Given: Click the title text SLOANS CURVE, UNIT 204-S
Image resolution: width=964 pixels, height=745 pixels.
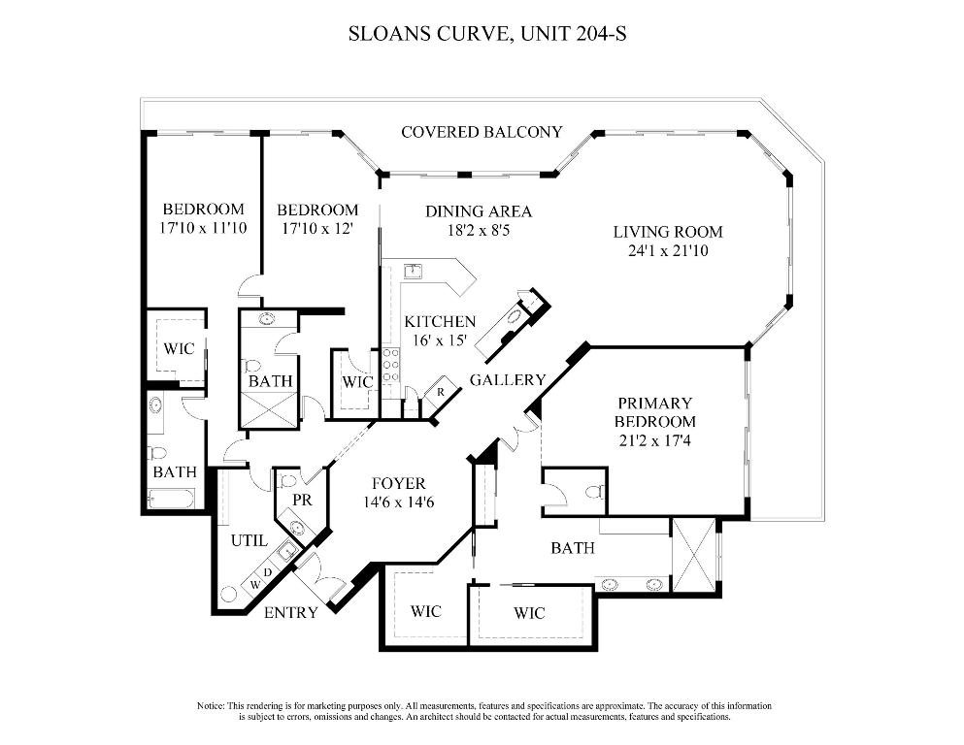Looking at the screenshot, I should [x=482, y=34].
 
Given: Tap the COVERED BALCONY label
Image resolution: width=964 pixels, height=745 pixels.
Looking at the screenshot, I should [x=482, y=132].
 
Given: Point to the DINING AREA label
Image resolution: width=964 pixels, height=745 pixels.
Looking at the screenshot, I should [x=479, y=211].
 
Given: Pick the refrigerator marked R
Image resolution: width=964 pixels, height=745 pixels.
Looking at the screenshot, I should [x=441, y=391].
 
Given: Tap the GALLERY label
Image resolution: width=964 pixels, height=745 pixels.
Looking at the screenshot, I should [x=508, y=379].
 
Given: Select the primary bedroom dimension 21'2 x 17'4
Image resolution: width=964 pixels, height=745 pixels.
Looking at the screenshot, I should [x=655, y=440].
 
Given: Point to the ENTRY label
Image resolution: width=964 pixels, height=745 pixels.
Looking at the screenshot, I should [x=290, y=612].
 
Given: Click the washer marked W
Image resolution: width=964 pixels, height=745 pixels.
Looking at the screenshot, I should [x=255, y=584].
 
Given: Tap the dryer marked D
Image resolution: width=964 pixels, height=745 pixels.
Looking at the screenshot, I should [x=269, y=571].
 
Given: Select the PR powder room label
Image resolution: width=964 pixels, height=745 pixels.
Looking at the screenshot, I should [x=289, y=501].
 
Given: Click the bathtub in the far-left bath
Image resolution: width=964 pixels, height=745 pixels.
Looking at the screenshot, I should [x=173, y=499].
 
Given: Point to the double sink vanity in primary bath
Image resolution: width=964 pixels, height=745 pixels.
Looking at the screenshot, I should [x=632, y=584].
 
